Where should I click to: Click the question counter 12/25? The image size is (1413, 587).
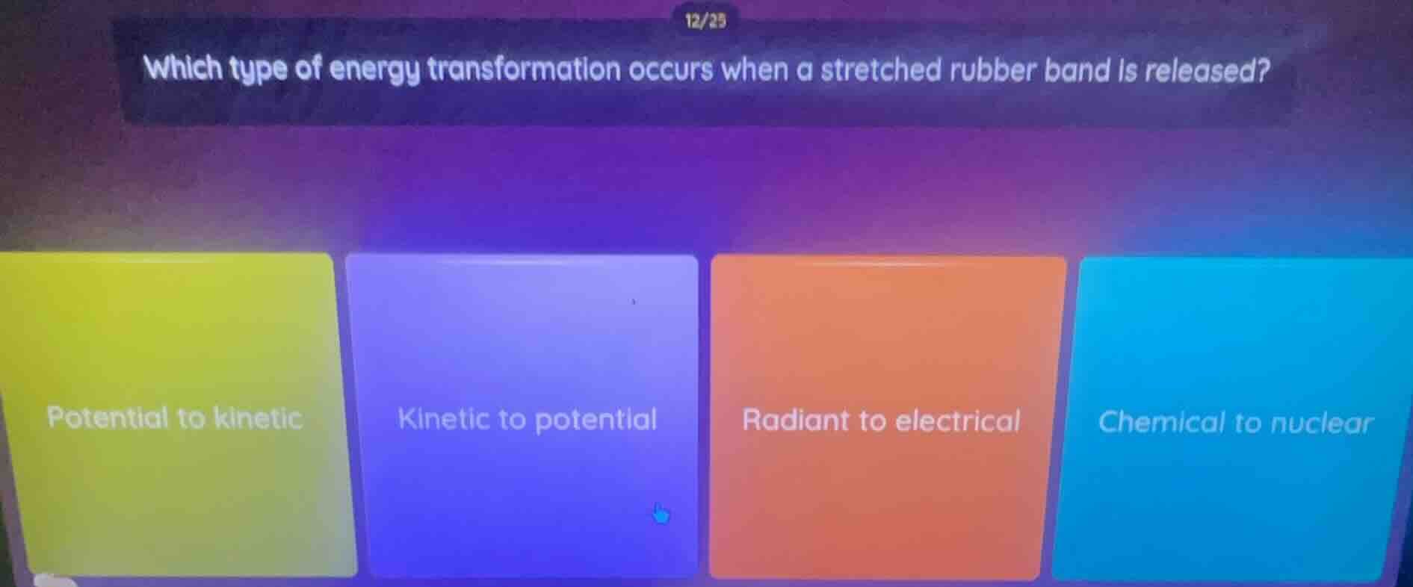pyautogui.click(x=705, y=21)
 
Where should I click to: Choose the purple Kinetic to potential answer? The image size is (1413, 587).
pyautogui.click(x=527, y=419)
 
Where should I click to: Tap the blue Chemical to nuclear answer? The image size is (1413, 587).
pyautogui.click(x=1234, y=423)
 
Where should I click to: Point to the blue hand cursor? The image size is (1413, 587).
pyautogui.click(x=661, y=513)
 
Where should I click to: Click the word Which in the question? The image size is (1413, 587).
pyautogui.click(x=183, y=69)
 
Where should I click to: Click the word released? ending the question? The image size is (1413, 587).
pyautogui.click(x=1208, y=72)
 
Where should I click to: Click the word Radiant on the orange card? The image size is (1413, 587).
pyautogui.click(x=795, y=420)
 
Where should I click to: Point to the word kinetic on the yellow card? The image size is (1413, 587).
pyautogui.click(x=258, y=417)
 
